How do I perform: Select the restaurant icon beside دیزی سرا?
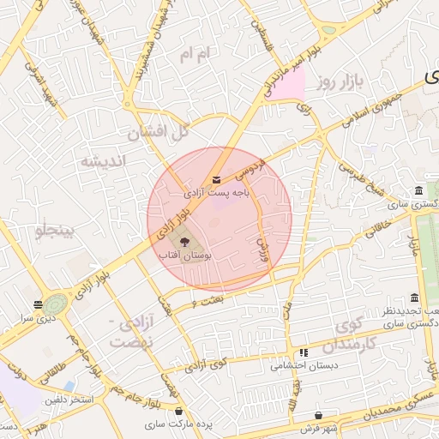click(x=38, y=304)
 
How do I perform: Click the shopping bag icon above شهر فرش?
click(x=319, y=415)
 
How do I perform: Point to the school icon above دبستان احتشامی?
click(x=303, y=352)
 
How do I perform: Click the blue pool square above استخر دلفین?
click(x=69, y=386)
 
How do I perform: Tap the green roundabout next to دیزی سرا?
click(x=56, y=304)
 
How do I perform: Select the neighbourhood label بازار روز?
click(x=340, y=82)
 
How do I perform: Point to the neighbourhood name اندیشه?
click(x=103, y=160)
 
